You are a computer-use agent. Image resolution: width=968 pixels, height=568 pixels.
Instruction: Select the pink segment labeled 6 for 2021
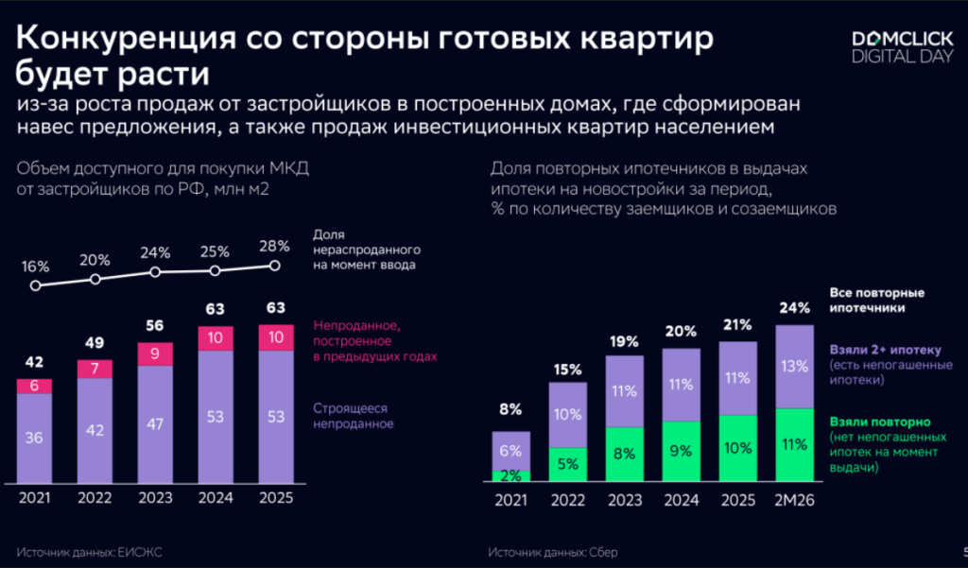pyautogui.click(x=34, y=386)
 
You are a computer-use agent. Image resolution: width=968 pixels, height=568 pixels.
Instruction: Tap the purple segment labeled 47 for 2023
pyautogui.click(x=155, y=422)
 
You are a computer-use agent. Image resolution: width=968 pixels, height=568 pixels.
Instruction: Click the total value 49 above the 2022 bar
pyautogui.click(x=95, y=343)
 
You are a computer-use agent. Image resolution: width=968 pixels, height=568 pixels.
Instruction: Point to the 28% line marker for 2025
pyautogui.click(x=275, y=266)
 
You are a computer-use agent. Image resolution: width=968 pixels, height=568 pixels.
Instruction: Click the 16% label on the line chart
pyautogui.click(x=35, y=267)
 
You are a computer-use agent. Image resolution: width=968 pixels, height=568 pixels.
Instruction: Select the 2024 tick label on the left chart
pyautogui.click(x=215, y=498)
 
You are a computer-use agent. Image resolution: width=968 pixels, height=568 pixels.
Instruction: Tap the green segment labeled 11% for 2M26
pyautogui.click(x=794, y=444)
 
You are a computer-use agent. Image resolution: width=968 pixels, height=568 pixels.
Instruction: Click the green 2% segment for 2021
pyautogui.click(x=510, y=475)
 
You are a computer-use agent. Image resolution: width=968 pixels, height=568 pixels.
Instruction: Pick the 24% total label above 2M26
pyautogui.click(x=794, y=308)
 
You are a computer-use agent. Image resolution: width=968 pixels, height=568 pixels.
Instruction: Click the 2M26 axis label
pyautogui.click(x=794, y=498)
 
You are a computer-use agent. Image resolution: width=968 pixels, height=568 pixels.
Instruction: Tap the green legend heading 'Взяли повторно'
pyautogui.click(x=880, y=424)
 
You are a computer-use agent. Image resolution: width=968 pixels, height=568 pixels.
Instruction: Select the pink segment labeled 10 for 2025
pyautogui.click(x=275, y=337)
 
